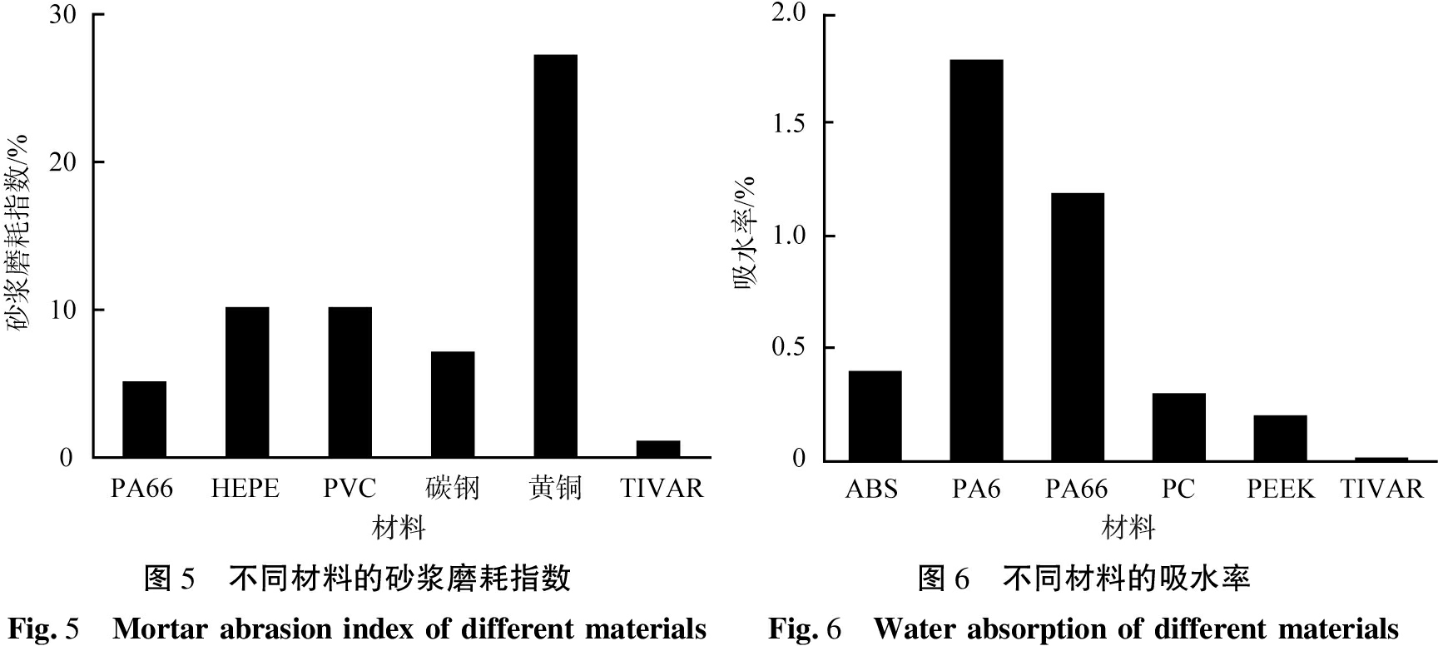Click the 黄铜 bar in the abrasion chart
555,256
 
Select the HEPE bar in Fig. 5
247,382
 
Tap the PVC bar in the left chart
350,382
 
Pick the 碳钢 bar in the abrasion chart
453,405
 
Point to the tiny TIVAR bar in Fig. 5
658,449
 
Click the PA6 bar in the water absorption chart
976,260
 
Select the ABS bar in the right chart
875,415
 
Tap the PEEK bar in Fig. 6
1280,438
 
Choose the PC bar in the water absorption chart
1178,426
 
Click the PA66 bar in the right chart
1077,326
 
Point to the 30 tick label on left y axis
63,15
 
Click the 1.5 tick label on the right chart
789,123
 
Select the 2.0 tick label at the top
789,13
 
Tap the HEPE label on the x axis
245,488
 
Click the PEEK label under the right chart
1280,489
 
